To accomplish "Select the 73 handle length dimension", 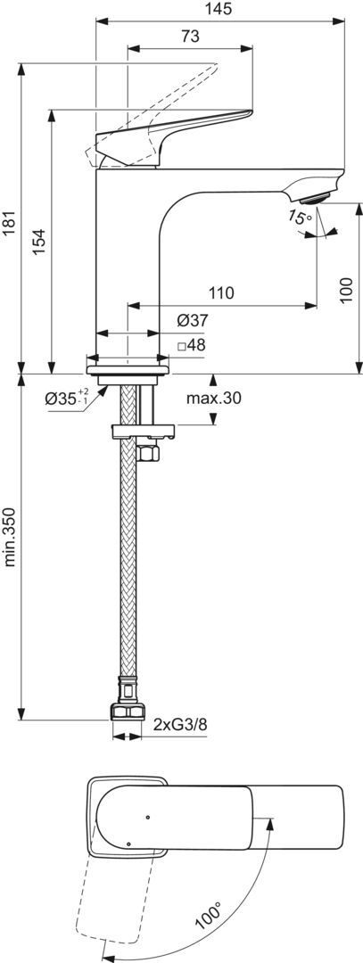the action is coord(190,37).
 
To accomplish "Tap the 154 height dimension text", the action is coord(39,242).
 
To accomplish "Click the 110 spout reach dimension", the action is coord(221,293).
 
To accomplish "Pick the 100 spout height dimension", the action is coord(346,290).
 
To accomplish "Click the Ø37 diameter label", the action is coord(193,320).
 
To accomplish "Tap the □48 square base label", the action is coord(191,345).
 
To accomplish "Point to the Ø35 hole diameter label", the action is coord(67,398).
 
